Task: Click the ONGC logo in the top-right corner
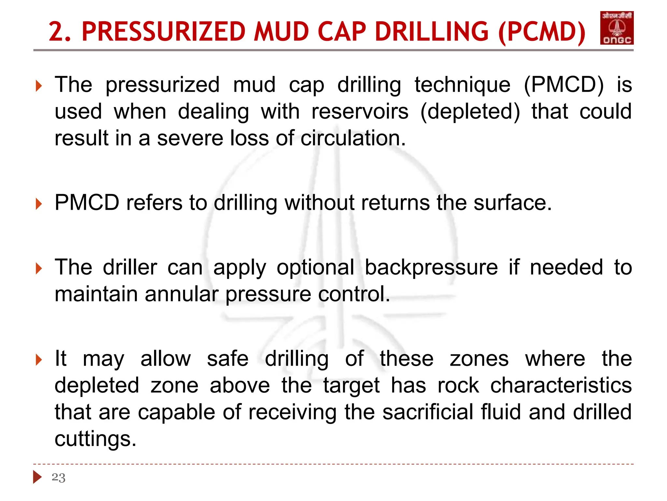point(617,28)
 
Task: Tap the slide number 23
point(59,478)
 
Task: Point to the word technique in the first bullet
point(462,85)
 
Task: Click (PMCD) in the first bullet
point(564,85)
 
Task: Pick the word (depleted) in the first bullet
point(470,112)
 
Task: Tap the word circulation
point(353,138)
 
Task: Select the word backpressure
point(431,267)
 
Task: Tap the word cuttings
point(95,438)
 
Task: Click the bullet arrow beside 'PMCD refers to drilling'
point(39,204)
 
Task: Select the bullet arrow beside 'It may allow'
point(39,360)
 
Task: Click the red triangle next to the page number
point(37,477)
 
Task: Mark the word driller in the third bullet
point(130,267)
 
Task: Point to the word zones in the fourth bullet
point(479,359)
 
